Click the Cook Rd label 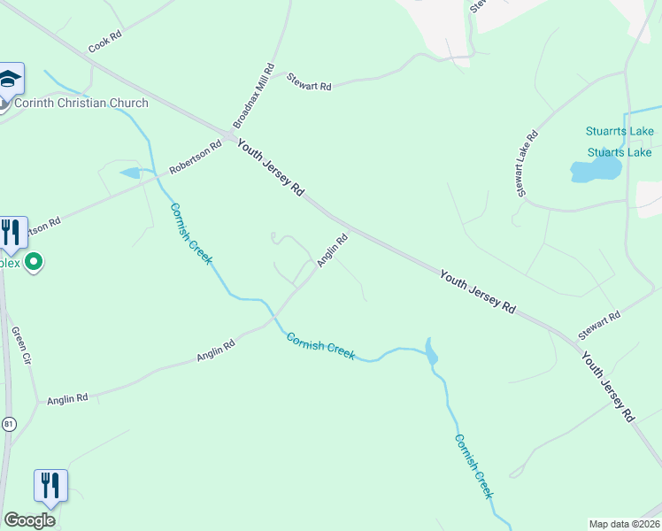[104, 45]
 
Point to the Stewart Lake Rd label [527, 164]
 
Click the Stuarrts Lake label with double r [620, 132]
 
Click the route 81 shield [9, 424]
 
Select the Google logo [30, 520]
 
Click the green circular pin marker [35, 262]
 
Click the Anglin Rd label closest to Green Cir [68, 398]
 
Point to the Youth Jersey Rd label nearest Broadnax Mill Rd [271, 166]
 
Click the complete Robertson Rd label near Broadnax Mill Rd [196, 158]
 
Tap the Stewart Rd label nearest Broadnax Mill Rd [309, 82]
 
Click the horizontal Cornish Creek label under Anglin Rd [320, 346]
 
